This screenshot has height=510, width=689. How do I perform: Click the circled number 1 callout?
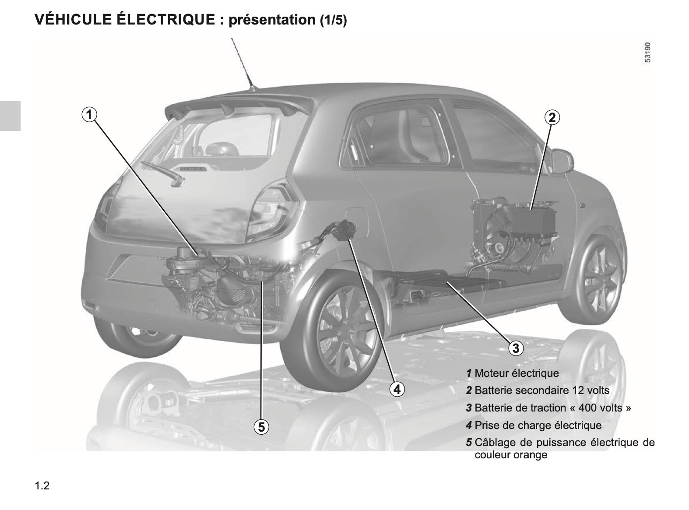pyautogui.click(x=89, y=115)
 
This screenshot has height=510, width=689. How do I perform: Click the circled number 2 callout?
pyautogui.click(x=552, y=118)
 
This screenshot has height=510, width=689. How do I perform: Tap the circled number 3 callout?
pyautogui.click(x=516, y=348)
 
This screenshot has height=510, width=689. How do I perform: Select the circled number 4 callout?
pyautogui.click(x=397, y=390)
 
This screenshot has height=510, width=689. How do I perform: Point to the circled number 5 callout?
pyautogui.click(x=261, y=427)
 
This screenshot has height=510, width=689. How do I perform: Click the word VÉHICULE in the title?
pyautogui.click(x=73, y=19)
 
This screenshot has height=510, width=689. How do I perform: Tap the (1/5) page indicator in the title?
pyautogui.click(x=333, y=20)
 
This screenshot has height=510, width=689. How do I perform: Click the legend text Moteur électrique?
pyautogui.click(x=517, y=373)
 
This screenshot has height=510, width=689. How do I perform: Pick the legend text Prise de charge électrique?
pyautogui.click(x=538, y=425)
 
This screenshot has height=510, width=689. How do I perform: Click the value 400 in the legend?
pyautogui.click(x=588, y=408)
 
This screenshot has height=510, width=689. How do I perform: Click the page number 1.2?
pyautogui.click(x=42, y=485)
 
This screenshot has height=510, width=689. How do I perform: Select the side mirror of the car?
pyautogui.click(x=562, y=161)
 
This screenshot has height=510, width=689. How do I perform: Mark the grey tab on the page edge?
pyautogui.click(x=10, y=116)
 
